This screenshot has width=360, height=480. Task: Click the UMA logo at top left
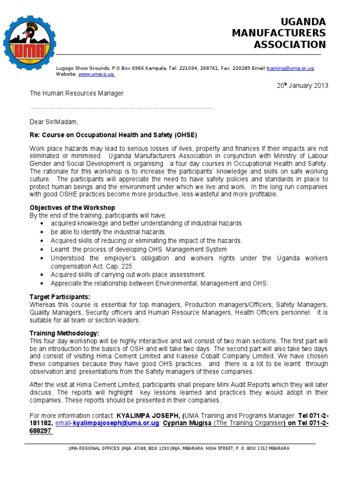click(30, 43)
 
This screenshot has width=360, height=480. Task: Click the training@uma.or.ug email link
click(290, 68)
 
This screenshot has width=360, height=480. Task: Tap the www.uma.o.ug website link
click(97, 74)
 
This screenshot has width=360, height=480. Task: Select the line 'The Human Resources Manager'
click(77, 93)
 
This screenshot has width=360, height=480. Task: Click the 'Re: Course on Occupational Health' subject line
click(110, 134)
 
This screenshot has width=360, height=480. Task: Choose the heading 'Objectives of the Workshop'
click(72, 208)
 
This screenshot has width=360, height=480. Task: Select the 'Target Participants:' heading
click(60, 297)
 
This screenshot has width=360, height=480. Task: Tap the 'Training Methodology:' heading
click(64, 333)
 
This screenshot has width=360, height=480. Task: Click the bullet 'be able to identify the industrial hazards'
click(107, 232)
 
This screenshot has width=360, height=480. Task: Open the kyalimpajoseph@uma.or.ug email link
click(108, 423)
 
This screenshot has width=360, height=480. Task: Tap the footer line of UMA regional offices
click(179, 449)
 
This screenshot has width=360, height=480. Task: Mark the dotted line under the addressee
click(121, 108)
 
